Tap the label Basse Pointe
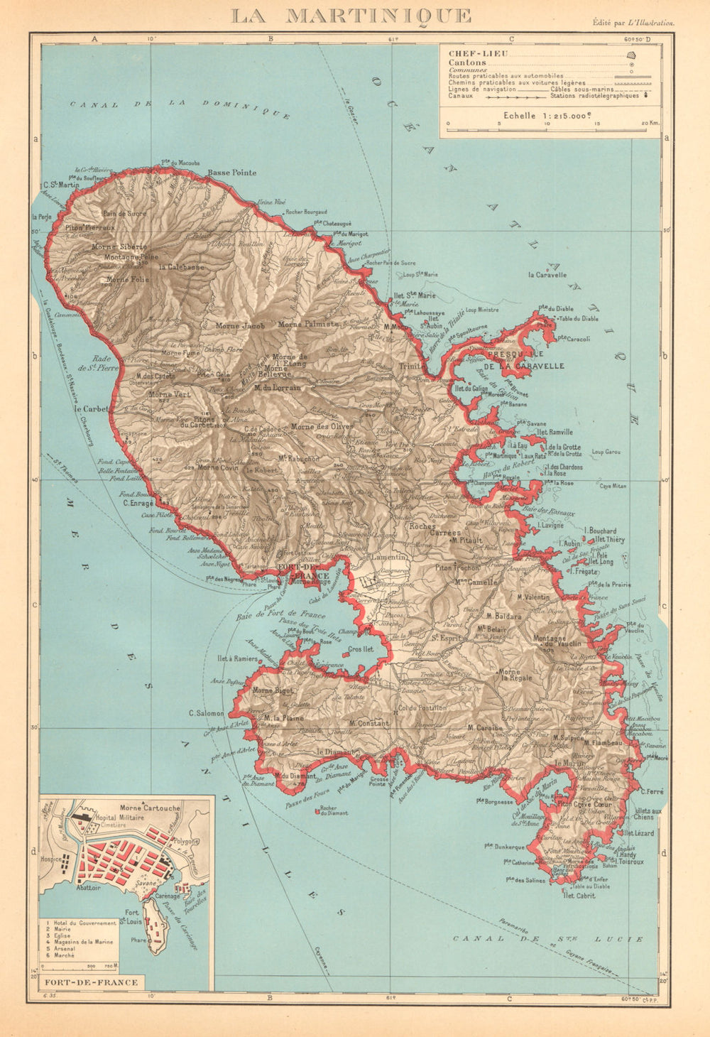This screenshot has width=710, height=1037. click(x=231, y=173)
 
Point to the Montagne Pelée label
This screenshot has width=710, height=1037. click(x=131, y=257)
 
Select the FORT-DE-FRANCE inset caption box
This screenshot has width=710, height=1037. click(x=90, y=983)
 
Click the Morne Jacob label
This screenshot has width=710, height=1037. click(x=240, y=326)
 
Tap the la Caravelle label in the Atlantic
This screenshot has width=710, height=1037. click(x=547, y=275)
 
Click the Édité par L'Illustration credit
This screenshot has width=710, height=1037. click(x=634, y=23)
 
